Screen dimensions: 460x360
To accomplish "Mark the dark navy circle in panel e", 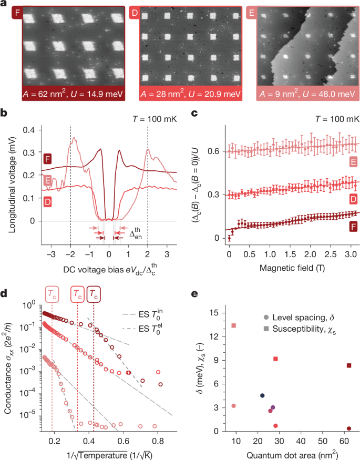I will (x=262, y=395).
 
